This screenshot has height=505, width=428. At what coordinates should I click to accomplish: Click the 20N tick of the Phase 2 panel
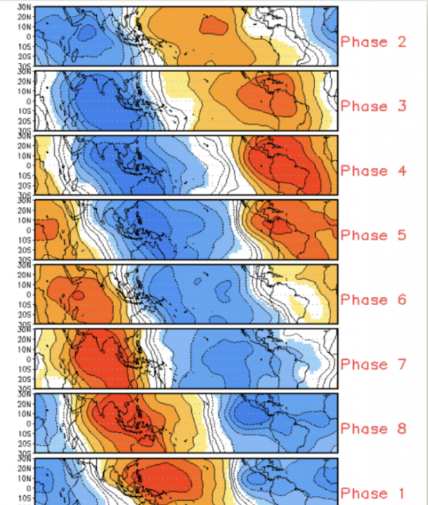25,17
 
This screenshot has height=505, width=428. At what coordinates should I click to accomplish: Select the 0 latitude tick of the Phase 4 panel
28,165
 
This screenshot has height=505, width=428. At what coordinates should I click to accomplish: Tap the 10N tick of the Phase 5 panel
25,220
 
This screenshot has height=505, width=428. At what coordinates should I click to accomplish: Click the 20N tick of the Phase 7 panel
25,340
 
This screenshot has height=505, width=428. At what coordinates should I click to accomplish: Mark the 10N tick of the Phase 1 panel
25,478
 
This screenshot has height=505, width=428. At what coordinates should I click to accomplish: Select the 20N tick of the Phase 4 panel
25,146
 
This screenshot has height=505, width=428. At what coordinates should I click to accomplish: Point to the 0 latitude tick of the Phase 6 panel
28,294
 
